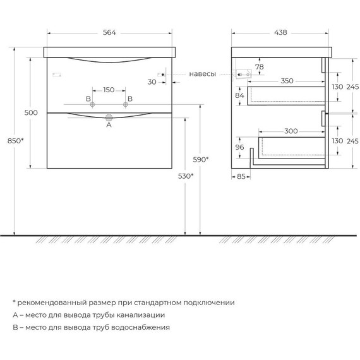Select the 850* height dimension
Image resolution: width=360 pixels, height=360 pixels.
coord(17,140)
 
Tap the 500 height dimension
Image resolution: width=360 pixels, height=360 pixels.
coord(32,112)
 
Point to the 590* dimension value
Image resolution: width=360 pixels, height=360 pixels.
coord(201,159)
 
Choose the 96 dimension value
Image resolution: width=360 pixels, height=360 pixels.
coord(240,148)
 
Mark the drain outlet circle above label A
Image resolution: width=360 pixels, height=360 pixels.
coord(109,117)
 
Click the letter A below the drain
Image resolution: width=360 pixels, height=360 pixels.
coord(109,126)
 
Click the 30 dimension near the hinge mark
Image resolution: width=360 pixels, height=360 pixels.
coord(152,81)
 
